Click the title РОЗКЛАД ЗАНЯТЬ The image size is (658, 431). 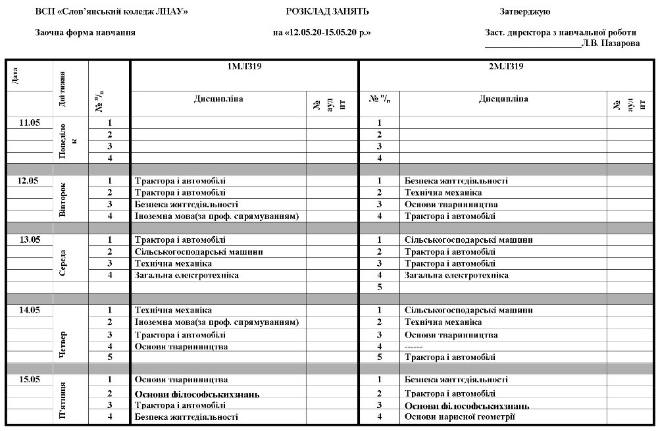(x=327, y=12)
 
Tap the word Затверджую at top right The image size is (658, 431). (x=524, y=12)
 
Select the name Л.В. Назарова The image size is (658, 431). (x=610, y=43)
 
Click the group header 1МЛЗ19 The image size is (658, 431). (x=244, y=66)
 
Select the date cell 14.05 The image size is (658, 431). (x=30, y=310)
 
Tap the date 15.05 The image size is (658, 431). (x=30, y=380)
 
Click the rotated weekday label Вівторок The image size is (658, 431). (x=63, y=200)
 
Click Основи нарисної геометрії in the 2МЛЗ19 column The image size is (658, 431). (x=459, y=417)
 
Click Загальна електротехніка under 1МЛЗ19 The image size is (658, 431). (x=186, y=275)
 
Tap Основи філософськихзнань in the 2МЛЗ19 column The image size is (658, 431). (x=467, y=406)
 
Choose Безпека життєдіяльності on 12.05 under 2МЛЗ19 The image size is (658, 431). (x=456, y=181)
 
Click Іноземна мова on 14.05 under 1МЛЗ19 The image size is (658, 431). (x=216, y=322)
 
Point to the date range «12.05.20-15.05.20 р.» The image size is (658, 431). (x=322, y=32)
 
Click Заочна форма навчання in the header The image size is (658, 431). (x=85, y=32)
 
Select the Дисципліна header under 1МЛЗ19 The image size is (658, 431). (x=218, y=99)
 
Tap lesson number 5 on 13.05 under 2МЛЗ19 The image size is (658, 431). (x=379, y=287)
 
